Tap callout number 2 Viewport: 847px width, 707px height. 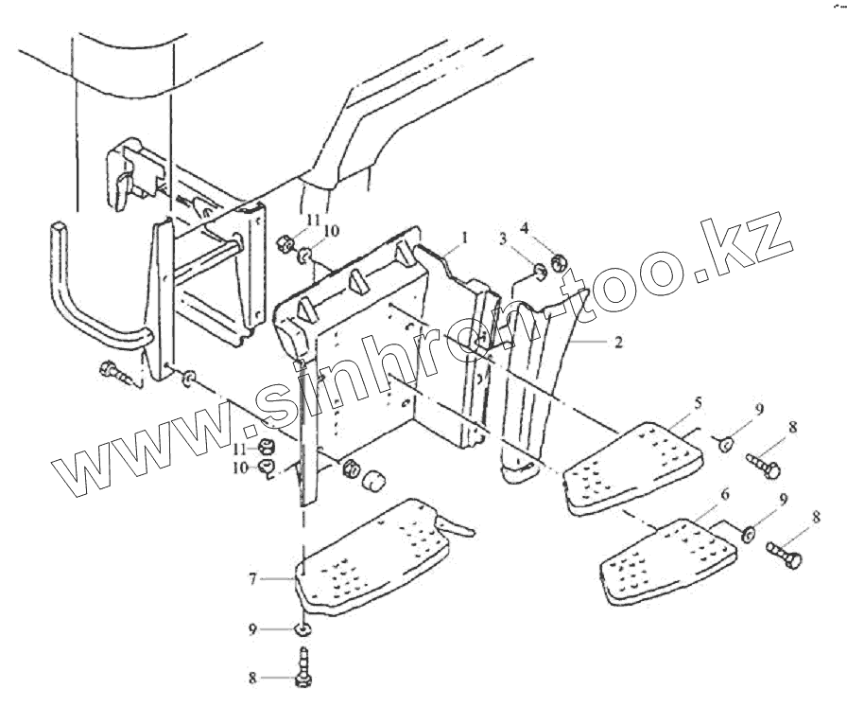pos(618,342)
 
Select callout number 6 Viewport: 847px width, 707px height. pos(725,495)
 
